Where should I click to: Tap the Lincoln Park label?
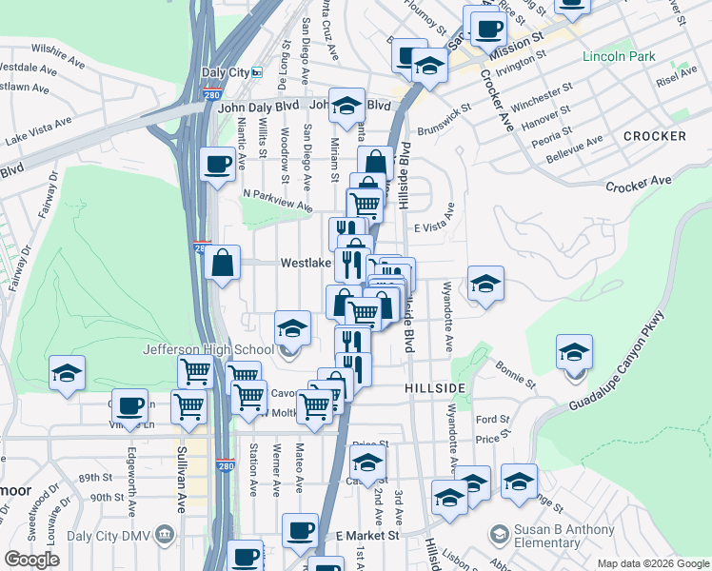pyautogui.click(x=620, y=56)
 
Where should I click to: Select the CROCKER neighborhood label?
pyautogui.click(x=654, y=136)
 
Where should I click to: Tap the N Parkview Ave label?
pyautogui.click(x=277, y=199)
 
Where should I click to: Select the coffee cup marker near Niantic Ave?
pyautogui.click(x=217, y=163)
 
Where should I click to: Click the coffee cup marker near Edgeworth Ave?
pyautogui.click(x=129, y=404)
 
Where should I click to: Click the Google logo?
pyautogui.click(x=31, y=560)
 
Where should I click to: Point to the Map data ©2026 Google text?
pyautogui.click(x=653, y=563)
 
